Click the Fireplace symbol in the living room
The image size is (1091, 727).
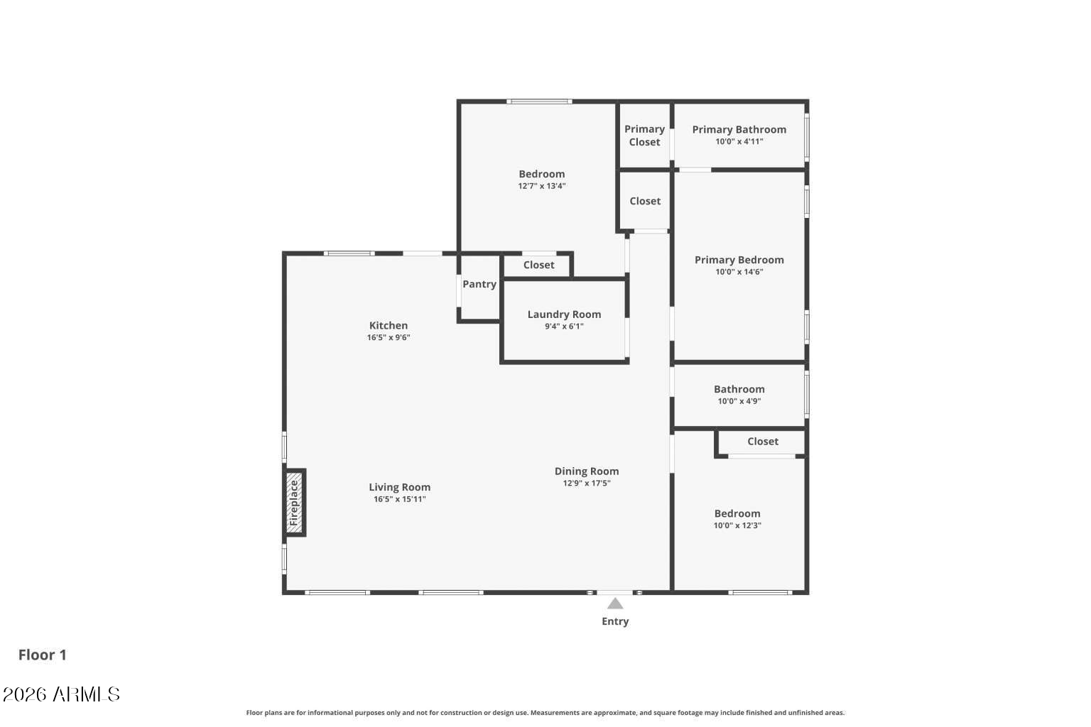(x=294, y=503)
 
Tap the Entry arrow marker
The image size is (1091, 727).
(x=615, y=603)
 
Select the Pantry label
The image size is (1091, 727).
(x=479, y=284)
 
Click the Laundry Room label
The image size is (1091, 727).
(x=564, y=315)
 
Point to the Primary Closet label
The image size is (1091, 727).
(x=644, y=136)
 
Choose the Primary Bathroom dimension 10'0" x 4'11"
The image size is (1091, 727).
(x=739, y=141)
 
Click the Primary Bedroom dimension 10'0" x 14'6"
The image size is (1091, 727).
(x=739, y=272)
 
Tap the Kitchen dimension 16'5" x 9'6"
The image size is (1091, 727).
(x=389, y=338)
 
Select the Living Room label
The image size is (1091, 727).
(x=399, y=487)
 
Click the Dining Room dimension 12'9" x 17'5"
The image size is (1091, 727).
(x=587, y=483)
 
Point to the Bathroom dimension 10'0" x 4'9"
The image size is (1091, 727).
(x=739, y=401)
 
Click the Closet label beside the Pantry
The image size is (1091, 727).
(x=538, y=265)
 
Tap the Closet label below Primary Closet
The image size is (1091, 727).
(x=645, y=201)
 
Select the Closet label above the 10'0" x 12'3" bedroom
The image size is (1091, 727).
(x=763, y=442)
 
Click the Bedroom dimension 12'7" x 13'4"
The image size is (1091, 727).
(x=541, y=186)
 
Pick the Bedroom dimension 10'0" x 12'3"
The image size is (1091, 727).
(x=737, y=525)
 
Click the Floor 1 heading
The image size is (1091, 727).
(x=43, y=655)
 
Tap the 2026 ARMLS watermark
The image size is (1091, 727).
(x=61, y=694)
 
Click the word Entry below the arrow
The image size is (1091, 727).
(x=615, y=621)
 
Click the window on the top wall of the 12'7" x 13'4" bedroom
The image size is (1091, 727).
(x=539, y=102)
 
